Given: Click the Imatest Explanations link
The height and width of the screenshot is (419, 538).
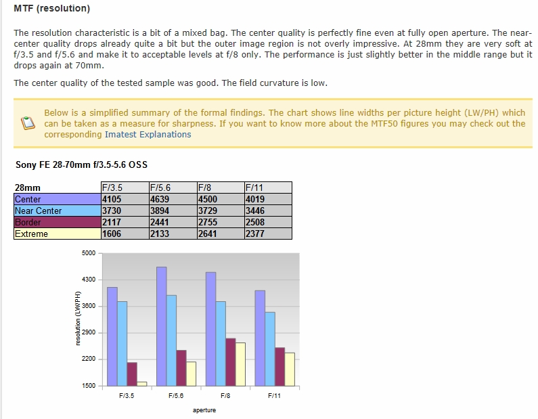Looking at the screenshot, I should coord(148,134).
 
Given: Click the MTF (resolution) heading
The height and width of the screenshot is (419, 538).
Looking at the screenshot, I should coord(51,9).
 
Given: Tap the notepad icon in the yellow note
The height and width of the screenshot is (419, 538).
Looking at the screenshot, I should coord(27,124).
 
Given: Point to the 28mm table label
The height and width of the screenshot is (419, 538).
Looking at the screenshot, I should coord(27,188).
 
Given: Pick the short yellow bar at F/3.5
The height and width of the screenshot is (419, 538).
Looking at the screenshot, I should coord(142,384).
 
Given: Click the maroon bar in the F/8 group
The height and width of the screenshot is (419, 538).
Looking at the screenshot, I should coord(230,362).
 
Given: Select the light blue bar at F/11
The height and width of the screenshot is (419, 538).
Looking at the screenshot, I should coord(270,349).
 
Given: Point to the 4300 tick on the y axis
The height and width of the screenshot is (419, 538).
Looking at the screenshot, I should coord(89,280).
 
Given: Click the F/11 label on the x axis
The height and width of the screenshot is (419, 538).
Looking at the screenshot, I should coord(274,395).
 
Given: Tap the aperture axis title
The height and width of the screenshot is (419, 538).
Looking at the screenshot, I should coord(204,410).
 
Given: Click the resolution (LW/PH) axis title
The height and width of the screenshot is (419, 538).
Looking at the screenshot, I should coord(79,319).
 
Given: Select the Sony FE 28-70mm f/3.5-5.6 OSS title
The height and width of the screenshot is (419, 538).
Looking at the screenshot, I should coord(81,164).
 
